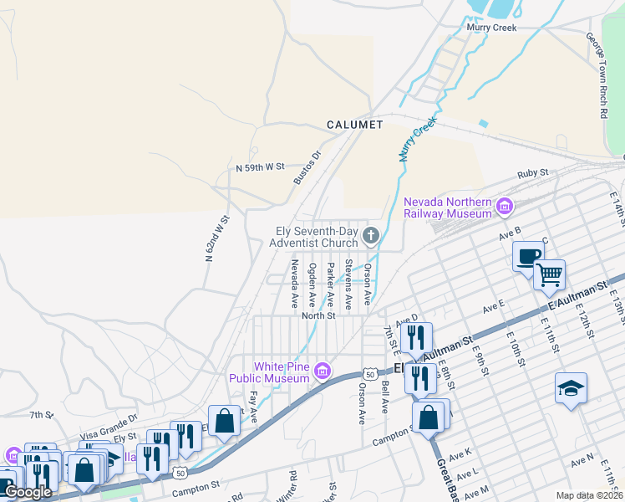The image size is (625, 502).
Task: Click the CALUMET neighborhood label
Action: coord(354,125)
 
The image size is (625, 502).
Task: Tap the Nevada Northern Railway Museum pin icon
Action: coord(504,206)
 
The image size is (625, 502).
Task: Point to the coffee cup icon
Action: coord(527,256)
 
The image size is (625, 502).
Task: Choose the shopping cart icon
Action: coord(549,274)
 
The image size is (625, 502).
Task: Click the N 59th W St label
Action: coord(260,167)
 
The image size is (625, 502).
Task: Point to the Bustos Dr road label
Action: coord(307,167)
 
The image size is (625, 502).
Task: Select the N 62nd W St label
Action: coord(216,240)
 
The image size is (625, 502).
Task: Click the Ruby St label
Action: coord(531,173)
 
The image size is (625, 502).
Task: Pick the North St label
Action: coord(318,315)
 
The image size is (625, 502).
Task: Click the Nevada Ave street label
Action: coord(294,284)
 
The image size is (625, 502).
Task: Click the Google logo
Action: coord(28,492)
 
